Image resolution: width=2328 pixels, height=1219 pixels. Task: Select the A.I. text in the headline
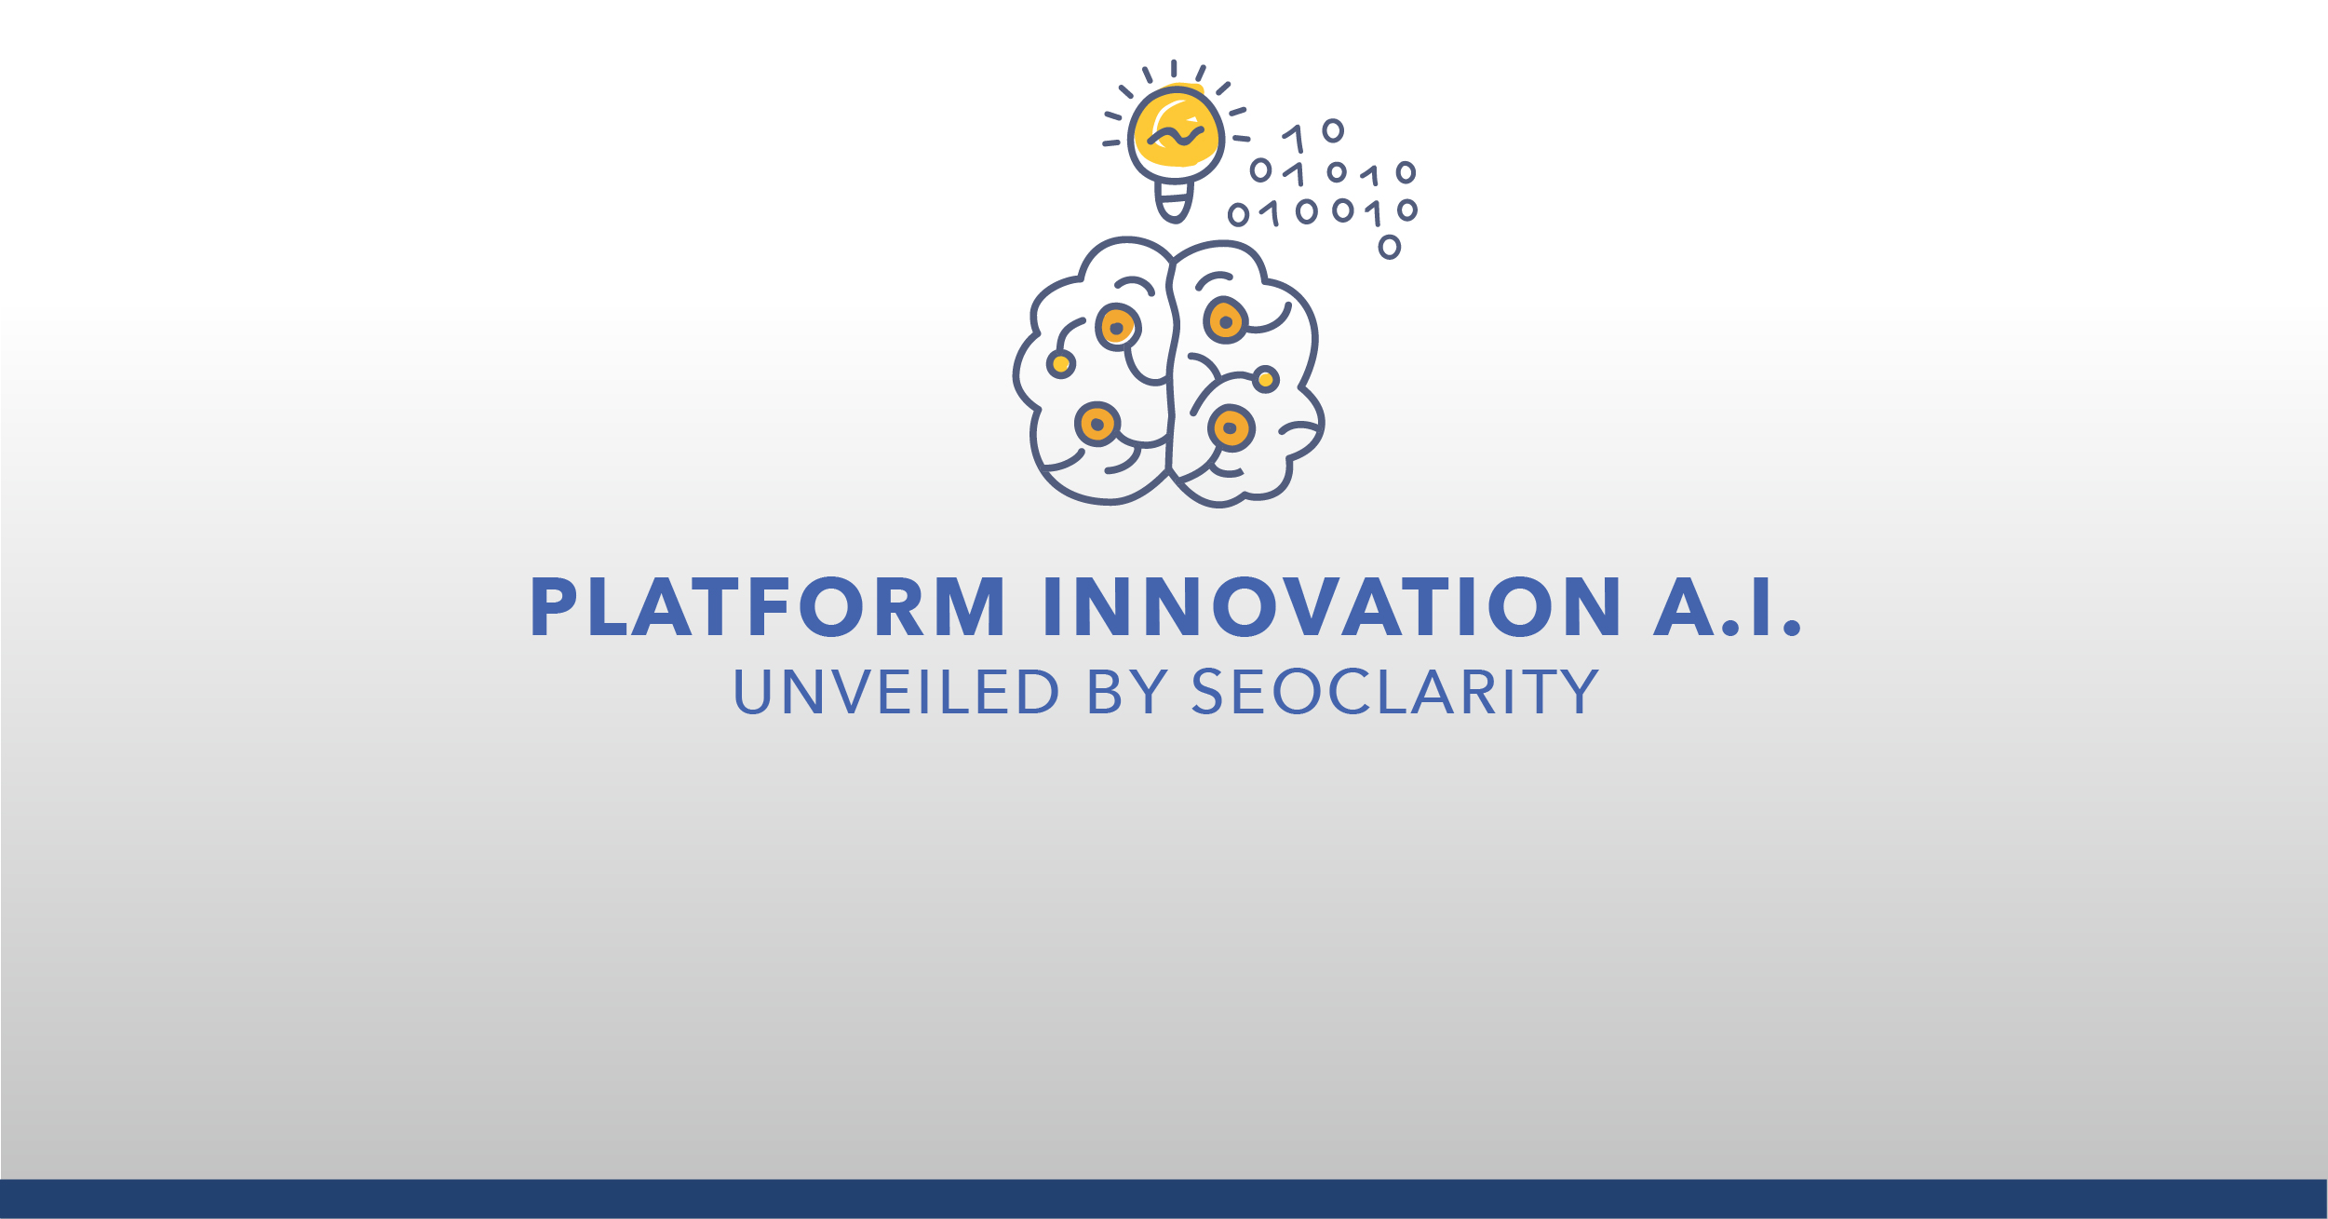1728,606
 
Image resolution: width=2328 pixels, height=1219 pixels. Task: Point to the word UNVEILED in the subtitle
896,691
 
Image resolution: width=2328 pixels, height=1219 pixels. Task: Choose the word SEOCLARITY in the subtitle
1395,691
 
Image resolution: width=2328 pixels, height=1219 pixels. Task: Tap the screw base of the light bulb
1174,200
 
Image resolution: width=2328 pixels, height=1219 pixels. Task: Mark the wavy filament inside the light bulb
1176,137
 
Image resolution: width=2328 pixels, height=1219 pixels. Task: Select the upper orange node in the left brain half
1117,327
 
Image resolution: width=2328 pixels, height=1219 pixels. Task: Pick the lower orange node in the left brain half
1097,425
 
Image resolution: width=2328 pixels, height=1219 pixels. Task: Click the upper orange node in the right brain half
1225,320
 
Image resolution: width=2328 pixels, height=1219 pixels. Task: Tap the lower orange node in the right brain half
1231,428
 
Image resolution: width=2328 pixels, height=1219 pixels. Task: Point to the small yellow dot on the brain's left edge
1061,364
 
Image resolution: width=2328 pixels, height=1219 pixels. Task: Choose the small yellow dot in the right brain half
1266,379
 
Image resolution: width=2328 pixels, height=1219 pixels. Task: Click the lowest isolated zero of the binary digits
1389,247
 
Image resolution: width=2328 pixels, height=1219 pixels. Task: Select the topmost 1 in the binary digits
1294,139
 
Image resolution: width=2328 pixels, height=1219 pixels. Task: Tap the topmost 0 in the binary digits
1333,130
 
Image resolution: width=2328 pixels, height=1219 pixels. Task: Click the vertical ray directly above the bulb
1174,68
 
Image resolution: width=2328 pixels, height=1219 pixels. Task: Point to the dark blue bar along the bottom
1164,1199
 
